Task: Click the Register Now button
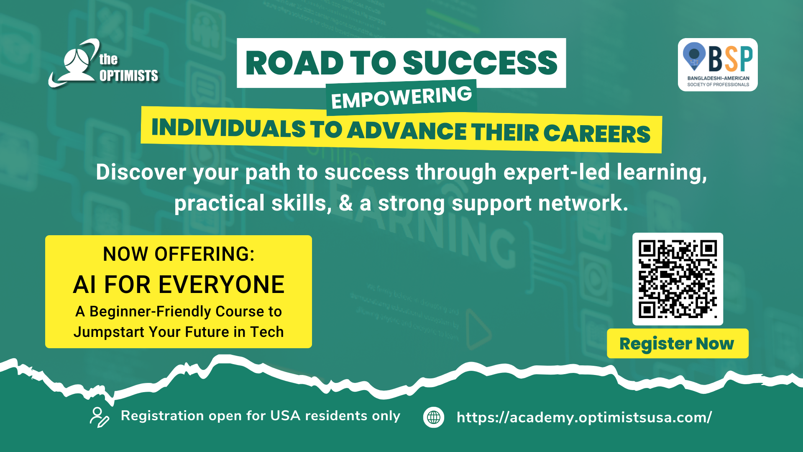point(678,344)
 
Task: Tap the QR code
point(678,279)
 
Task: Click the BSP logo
point(718,65)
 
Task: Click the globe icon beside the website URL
point(434,417)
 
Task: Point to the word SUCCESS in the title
point(480,63)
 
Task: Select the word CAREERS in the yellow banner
point(597,134)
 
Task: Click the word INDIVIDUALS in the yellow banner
point(228,128)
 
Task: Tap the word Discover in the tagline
point(141,172)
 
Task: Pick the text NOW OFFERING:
point(179,254)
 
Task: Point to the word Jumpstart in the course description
point(109,332)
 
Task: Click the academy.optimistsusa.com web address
point(584,417)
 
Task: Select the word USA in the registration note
point(285,416)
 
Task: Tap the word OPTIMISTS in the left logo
point(129,76)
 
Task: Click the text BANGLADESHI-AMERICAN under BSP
point(718,78)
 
